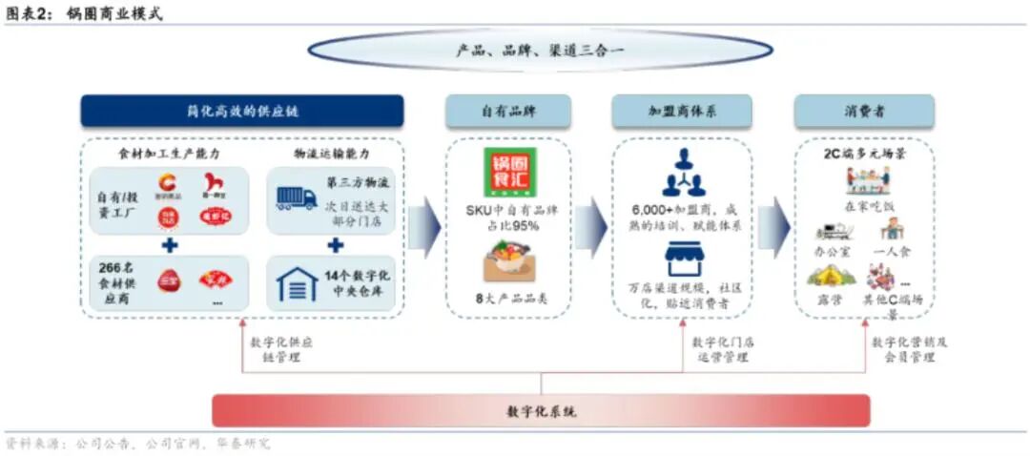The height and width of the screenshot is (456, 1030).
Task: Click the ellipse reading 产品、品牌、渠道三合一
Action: pyautogui.click(x=539, y=51)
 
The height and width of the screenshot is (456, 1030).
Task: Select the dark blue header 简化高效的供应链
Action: pyautogui.click(x=242, y=112)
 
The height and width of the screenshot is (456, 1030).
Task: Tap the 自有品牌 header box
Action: pyautogui.click(x=508, y=112)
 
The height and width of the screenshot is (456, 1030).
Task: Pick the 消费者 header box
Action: pyautogui.click(x=864, y=112)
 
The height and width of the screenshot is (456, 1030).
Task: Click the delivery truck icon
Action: pyautogui.click(x=297, y=197)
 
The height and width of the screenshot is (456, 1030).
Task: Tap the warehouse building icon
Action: pyautogui.click(x=297, y=283)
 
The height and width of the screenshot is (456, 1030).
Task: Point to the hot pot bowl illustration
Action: pyautogui.click(x=509, y=261)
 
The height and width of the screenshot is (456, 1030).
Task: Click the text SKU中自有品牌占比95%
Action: pyautogui.click(x=511, y=218)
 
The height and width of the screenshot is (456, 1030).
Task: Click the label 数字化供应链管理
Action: pyautogui.click(x=280, y=349)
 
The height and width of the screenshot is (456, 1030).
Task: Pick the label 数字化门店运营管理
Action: pyautogui.click(x=722, y=349)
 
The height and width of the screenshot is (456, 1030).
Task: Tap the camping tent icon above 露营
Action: pyautogui.click(x=830, y=277)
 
